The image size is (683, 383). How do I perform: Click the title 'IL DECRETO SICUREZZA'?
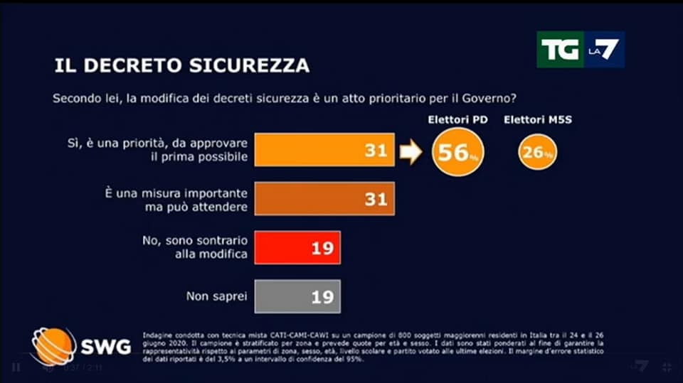(181, 66)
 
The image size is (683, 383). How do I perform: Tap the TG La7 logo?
(580, 49)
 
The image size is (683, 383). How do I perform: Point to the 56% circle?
(457, 152)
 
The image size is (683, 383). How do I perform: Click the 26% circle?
(537, 152)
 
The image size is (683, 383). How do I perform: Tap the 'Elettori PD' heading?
(457, 120)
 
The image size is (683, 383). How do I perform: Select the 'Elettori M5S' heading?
(537, 120)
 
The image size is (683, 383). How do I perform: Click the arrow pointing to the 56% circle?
(411, 152)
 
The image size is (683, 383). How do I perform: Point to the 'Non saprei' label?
(216, 296)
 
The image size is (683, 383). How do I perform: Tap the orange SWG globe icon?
(53, 346)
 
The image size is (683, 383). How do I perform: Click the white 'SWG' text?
(105, 347)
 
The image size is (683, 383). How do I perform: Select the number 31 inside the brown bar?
(376, 200)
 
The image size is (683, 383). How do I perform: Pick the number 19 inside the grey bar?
(322, 297)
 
